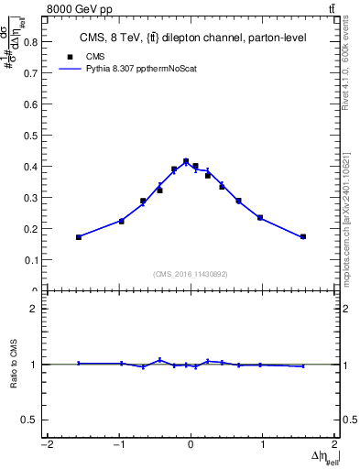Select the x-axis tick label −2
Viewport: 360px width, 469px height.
pos(46,446)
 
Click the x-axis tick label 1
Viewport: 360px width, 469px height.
pos(263,446)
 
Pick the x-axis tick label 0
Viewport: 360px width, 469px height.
pos(191,446)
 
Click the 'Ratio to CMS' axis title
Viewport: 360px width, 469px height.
pos(14,365)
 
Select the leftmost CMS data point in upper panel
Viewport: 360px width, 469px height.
pos(79,237)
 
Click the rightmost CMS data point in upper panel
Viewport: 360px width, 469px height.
pos(302,237)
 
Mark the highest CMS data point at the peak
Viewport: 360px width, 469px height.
pos(186,161)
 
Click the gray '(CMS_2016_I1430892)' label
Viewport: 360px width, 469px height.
pos(191,272)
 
